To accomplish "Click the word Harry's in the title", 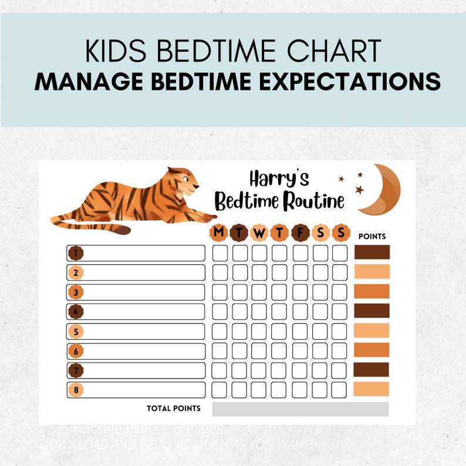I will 279,178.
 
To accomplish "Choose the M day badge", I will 219,233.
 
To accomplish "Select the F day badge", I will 300,233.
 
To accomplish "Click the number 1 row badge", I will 75,253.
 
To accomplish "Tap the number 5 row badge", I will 75,332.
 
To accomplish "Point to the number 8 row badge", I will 75,390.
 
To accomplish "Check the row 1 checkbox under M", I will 220,253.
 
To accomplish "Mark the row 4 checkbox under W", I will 260,311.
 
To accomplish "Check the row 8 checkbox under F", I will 300,390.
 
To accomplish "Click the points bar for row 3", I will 372,292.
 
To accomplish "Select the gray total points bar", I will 300,408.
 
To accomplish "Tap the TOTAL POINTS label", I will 173,408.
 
